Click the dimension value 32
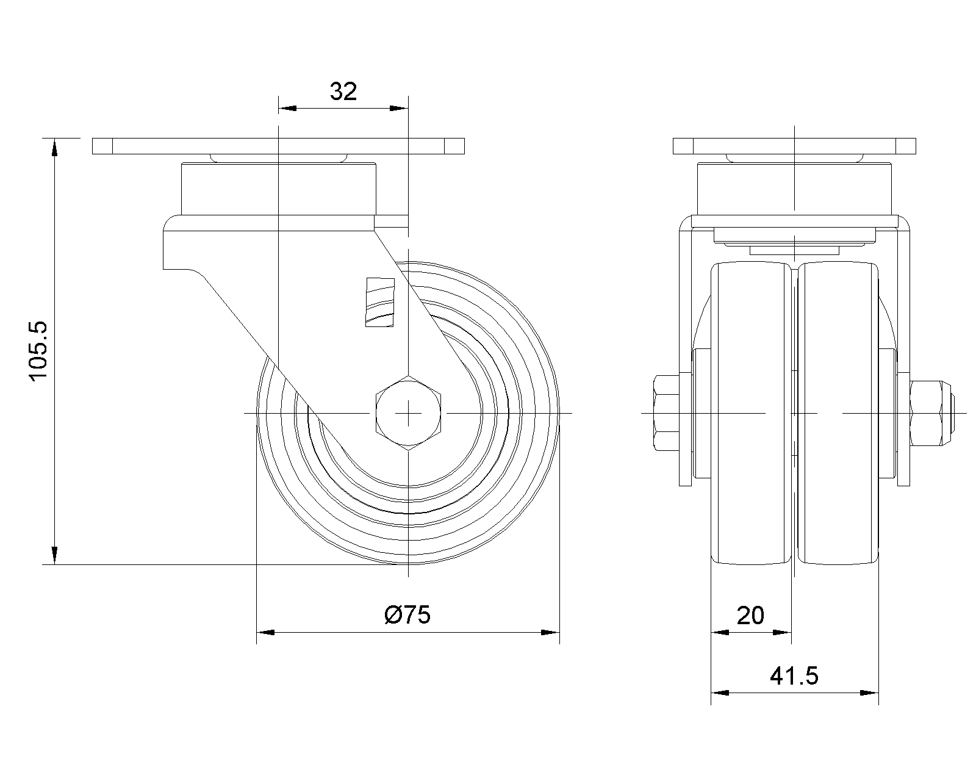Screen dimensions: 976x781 [x=343, y=91]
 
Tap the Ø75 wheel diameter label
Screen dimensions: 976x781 [x=407, y=615]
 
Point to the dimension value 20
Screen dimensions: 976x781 [x=750, y=616]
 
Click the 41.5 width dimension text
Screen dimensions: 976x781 [x=794, y=676]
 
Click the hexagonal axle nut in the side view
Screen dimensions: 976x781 [x=408, y=413]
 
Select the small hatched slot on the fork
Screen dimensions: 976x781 [x=380, y=302]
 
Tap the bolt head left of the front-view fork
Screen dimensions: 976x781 [x=666, y=413]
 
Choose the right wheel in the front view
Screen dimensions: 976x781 [x=838, y=413]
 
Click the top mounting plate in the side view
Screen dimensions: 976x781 [x=279, y=146]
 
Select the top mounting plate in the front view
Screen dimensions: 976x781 [x=794, y=146]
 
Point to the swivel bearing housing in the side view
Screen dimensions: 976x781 [x=279, y=189]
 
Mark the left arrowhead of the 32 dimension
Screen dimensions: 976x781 [x=287, y=109]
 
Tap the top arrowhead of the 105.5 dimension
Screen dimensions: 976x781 [x=54, y=148]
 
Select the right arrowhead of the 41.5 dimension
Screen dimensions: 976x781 [x=869, y=693]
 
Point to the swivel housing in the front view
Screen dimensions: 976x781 [x=794, y=189]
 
